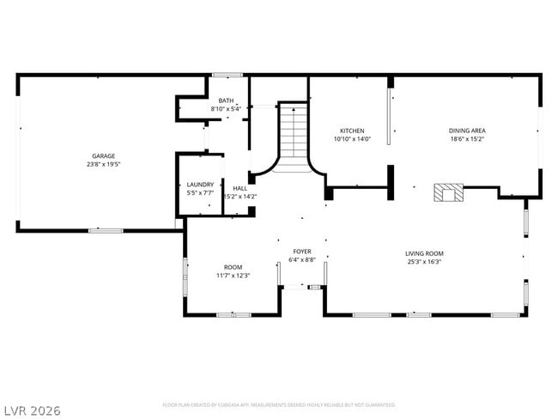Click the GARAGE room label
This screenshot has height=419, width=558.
pos(103,155)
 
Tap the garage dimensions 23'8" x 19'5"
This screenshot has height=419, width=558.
pos(103,164)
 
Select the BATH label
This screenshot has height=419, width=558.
pos(226,100)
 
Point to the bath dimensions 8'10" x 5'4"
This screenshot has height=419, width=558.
pos(226,109)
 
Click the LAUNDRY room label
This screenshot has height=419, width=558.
pos(200,185)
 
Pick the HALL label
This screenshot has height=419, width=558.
pos(240,188)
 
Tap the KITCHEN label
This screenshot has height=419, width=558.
pos(352,131)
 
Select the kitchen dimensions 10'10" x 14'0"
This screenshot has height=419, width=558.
pos(352,139)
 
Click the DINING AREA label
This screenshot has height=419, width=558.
pos(467,131)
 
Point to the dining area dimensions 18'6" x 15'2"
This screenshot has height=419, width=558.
pos(467,139)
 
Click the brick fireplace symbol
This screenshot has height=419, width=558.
pos(447,191)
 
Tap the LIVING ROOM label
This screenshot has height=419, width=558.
pos(424,253)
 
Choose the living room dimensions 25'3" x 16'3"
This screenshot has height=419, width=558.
pos(424,262)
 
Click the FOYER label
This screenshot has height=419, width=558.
pos(302,251)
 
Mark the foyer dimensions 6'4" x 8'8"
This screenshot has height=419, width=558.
pos(302,259)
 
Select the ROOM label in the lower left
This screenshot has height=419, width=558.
pos(233,267)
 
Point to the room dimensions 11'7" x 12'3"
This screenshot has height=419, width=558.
pos(233,276)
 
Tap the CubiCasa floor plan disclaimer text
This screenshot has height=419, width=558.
pos(278,404)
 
